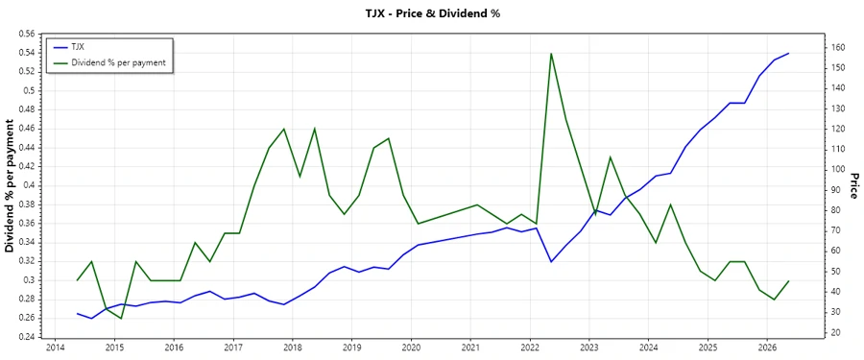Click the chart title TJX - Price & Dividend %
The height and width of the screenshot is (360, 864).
click(431, 13)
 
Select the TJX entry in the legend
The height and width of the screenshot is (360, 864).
click(78, 46)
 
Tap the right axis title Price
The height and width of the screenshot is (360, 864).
click(852, 185)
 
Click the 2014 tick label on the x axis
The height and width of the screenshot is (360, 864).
click(55, 348)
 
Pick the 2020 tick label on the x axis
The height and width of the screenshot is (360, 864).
click(411, 348)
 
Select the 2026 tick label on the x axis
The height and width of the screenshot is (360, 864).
click(767, 348)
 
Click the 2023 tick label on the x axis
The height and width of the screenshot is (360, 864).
click(588, 348)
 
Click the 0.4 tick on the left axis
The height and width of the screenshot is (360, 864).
click(26, 185)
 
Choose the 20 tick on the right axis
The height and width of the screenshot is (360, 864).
click(836, 333)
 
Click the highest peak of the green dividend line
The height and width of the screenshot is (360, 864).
click(551, 53)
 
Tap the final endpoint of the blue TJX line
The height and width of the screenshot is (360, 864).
click(788, 53)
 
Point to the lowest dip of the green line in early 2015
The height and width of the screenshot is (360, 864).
click(121, 318)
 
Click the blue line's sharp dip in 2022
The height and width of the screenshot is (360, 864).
click(551, 261)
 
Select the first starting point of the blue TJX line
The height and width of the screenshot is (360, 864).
click(77, 313)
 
